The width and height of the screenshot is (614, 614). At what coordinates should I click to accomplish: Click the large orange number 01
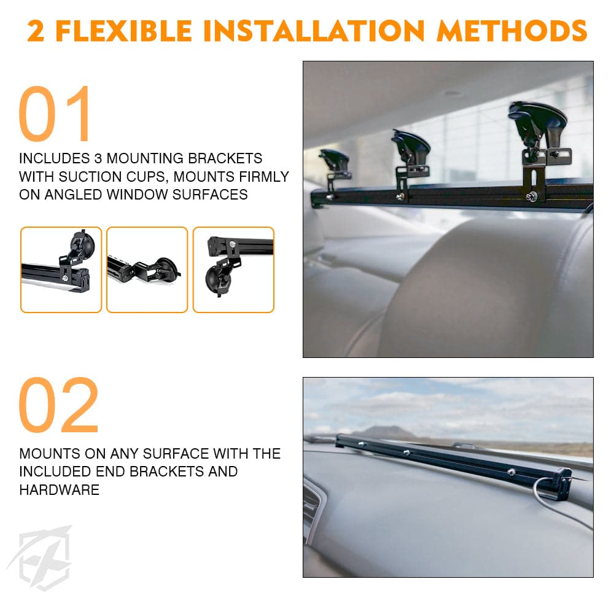56,115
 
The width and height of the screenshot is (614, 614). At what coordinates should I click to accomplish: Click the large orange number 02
59,406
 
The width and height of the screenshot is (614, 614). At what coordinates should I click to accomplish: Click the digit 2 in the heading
36,31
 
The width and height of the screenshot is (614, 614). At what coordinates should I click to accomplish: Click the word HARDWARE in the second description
59,490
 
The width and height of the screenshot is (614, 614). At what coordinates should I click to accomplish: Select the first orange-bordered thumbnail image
61,270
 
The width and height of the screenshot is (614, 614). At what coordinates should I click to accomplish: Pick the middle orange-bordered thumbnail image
147,270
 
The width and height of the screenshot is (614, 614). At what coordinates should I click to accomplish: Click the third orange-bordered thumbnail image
233,270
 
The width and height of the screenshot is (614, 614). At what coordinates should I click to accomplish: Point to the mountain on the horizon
383,432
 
